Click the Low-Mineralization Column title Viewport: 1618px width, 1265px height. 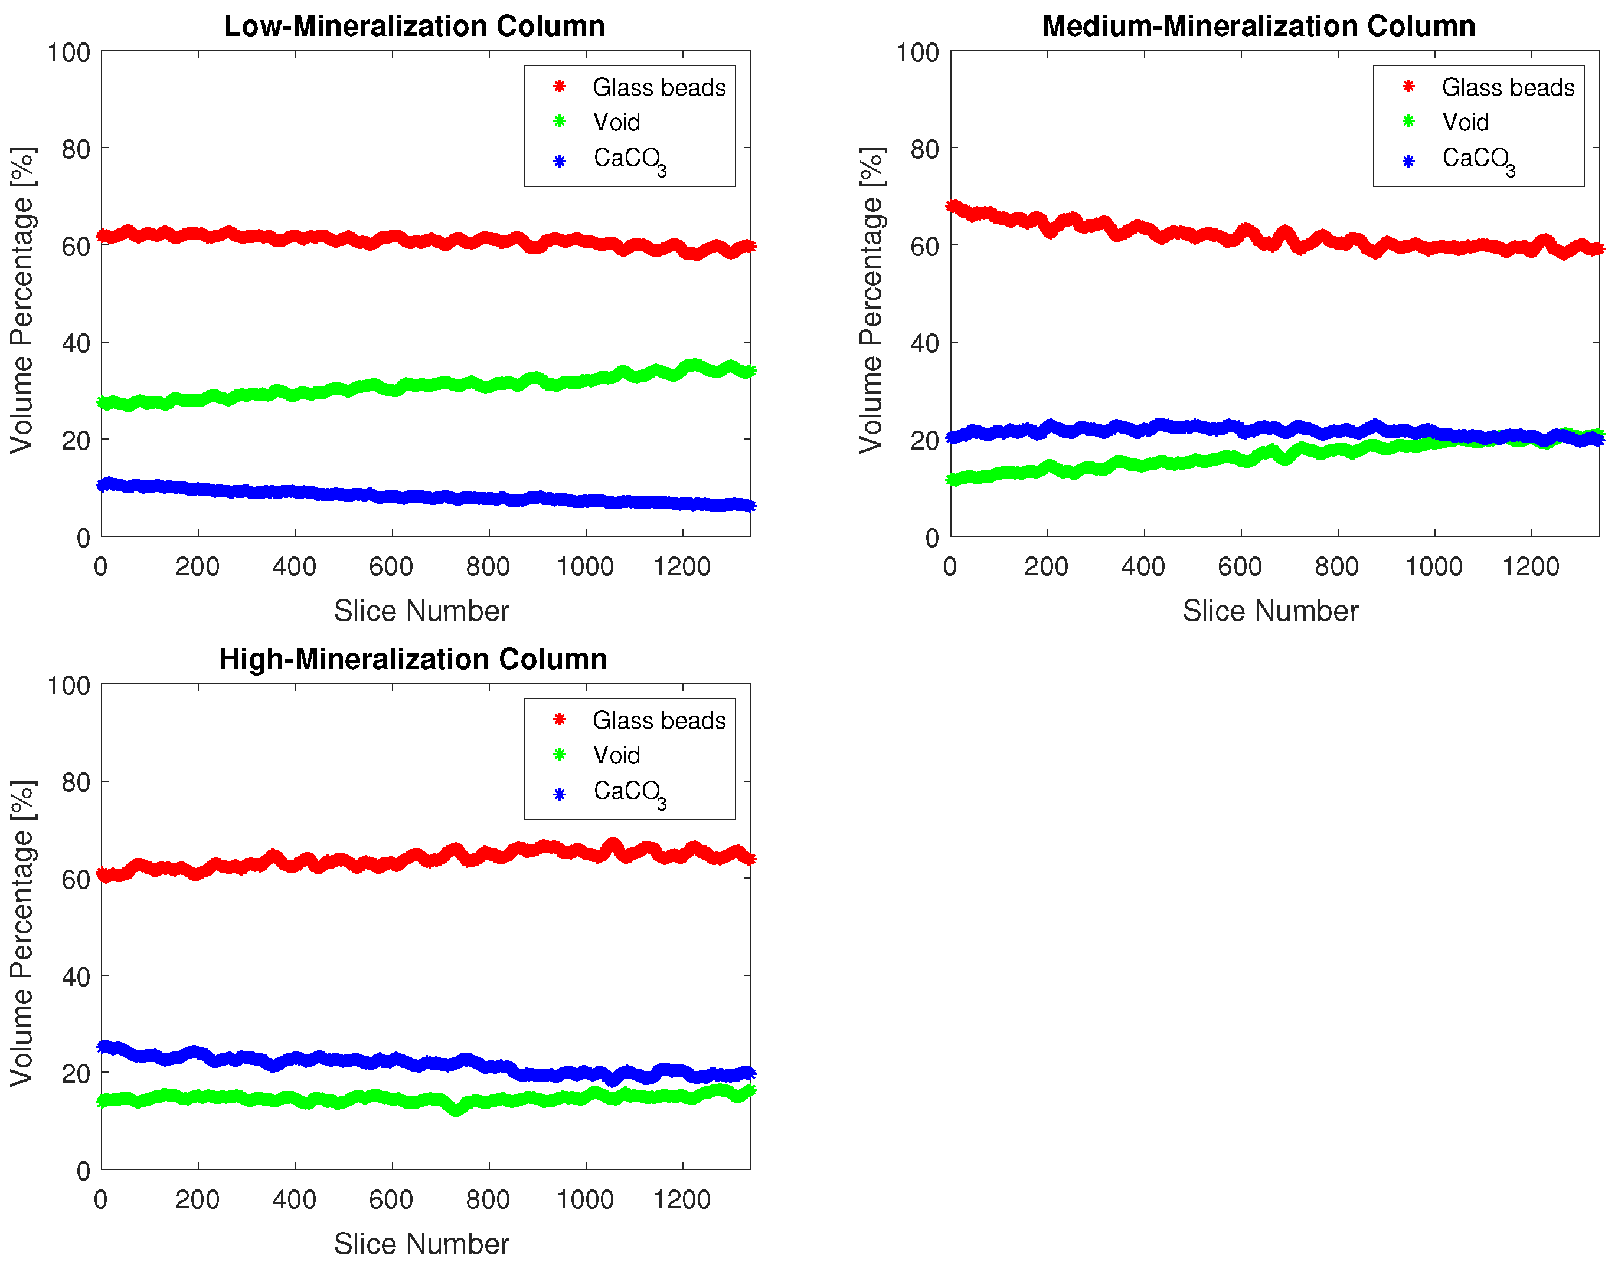click(414, 26)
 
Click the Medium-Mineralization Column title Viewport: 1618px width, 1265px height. click(1258, 26)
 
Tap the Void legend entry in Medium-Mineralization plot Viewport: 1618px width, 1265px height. click(1465, 122)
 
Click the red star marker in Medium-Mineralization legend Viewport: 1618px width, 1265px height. click(1408, 87)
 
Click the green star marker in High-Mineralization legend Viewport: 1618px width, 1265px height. click(560, 755)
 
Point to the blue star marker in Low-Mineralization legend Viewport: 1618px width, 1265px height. click(560, 160)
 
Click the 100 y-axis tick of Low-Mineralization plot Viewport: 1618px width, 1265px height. click(69, 53)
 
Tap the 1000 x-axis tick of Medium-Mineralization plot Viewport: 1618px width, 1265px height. click(1433, 568)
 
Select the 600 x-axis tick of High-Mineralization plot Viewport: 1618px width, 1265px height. click(391, 1200)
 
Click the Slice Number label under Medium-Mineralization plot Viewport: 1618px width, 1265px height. click(1270, 611)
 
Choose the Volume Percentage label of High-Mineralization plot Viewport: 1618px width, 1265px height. click(22, 933)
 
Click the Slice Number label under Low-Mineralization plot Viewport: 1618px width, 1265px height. click(421, 611)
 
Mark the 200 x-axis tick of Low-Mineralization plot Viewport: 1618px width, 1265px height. click(197, 568)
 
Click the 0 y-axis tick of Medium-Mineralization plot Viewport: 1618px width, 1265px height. click(932, 539)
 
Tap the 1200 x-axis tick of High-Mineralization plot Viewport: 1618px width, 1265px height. click(682, 1200)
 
